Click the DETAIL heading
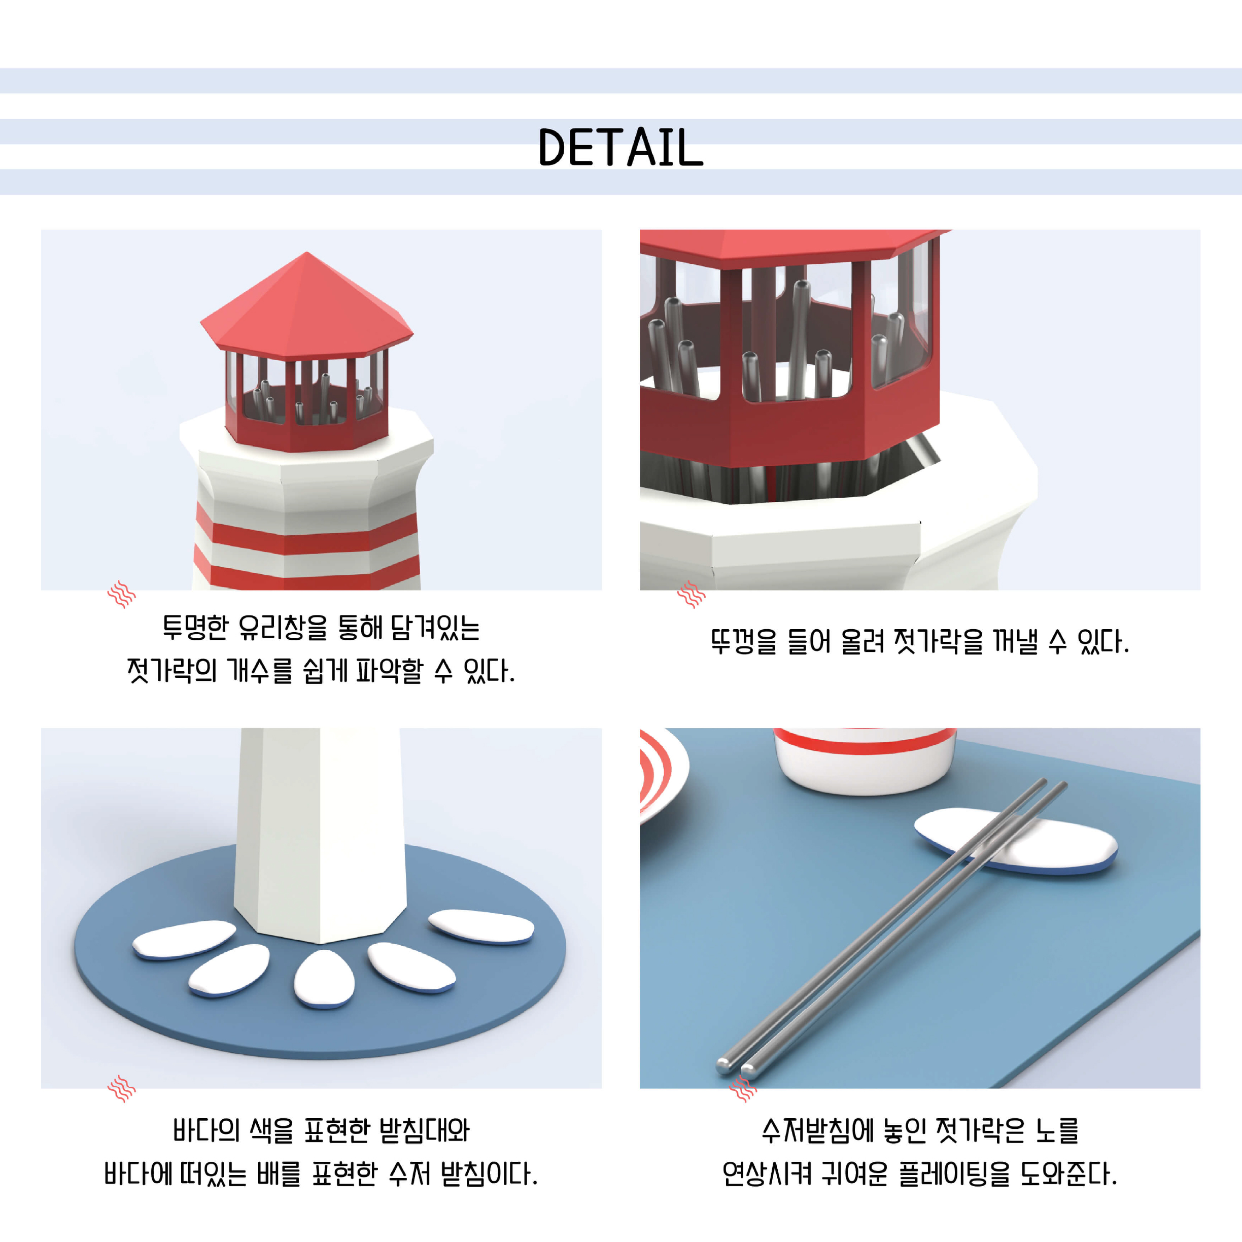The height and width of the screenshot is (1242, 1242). (x=620, y=147)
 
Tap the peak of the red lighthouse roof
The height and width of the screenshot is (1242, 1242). (x=306, y=253)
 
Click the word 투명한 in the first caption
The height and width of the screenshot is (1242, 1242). (x=195, y=628)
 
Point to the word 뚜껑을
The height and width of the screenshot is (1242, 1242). (x=743, y=642)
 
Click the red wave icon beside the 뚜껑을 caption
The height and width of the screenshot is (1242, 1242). (x=691, y=594)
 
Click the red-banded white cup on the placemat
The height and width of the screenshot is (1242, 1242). (x=865, y=761)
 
